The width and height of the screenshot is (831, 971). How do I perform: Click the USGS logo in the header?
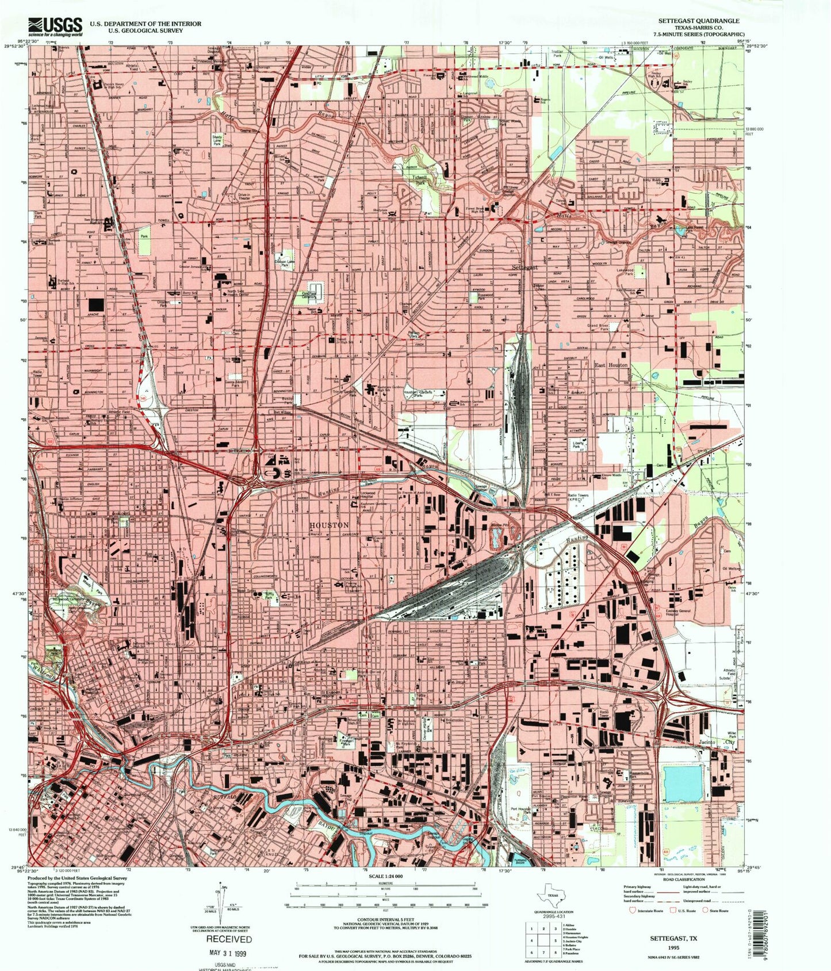click(55, 26)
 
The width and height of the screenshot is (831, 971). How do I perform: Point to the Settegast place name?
click(524, 268)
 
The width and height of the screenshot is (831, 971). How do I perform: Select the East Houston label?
click(611, 365)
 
